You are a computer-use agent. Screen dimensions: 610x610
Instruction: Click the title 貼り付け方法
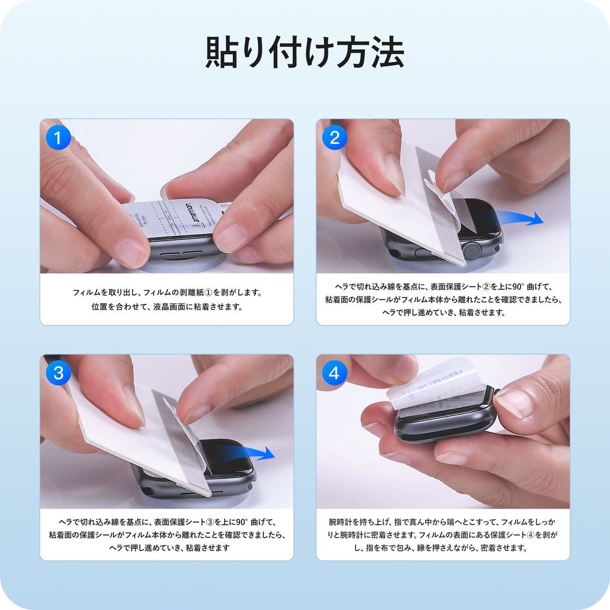[304, 52]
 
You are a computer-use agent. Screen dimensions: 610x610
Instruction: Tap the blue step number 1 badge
[58, 137]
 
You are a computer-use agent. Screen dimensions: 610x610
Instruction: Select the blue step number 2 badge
[335, 137]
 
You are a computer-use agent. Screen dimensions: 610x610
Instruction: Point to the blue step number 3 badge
[58, 373]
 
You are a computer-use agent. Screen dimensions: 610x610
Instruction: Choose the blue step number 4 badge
[335, 373]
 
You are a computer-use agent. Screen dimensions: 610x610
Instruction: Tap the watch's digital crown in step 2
[472, 249]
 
